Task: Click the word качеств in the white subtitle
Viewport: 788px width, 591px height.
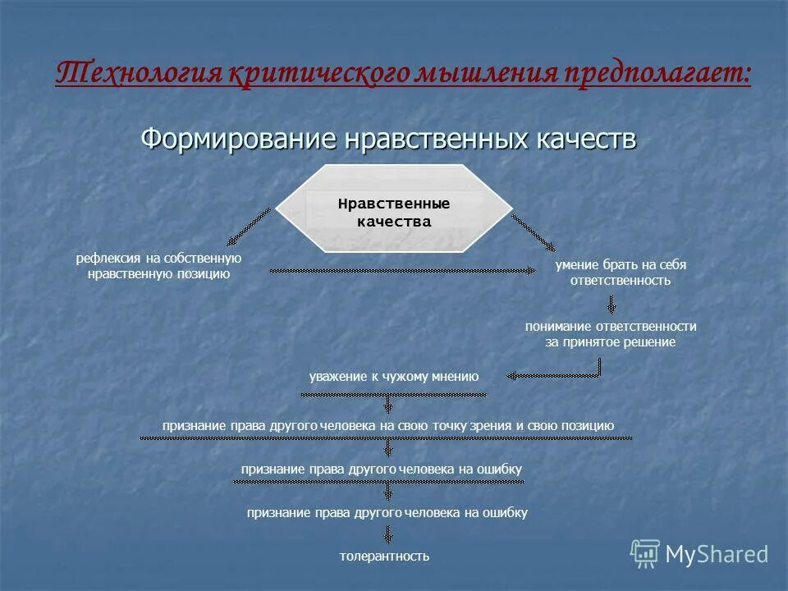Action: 581,138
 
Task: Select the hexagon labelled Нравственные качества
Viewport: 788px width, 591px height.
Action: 394,208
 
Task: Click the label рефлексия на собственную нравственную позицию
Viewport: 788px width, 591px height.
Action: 158,266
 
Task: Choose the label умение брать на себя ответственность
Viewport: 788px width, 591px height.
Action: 621,273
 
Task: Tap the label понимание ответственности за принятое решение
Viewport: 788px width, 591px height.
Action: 611,334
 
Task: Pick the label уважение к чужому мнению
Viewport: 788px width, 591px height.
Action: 393,377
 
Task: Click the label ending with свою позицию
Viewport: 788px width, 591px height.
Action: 387,425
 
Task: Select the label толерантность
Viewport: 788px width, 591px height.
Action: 384,556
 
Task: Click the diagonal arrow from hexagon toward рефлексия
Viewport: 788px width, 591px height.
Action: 250,226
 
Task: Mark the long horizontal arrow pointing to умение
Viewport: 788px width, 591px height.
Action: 402,269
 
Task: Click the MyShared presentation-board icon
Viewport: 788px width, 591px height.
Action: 645,554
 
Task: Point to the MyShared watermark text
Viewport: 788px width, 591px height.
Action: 717,555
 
